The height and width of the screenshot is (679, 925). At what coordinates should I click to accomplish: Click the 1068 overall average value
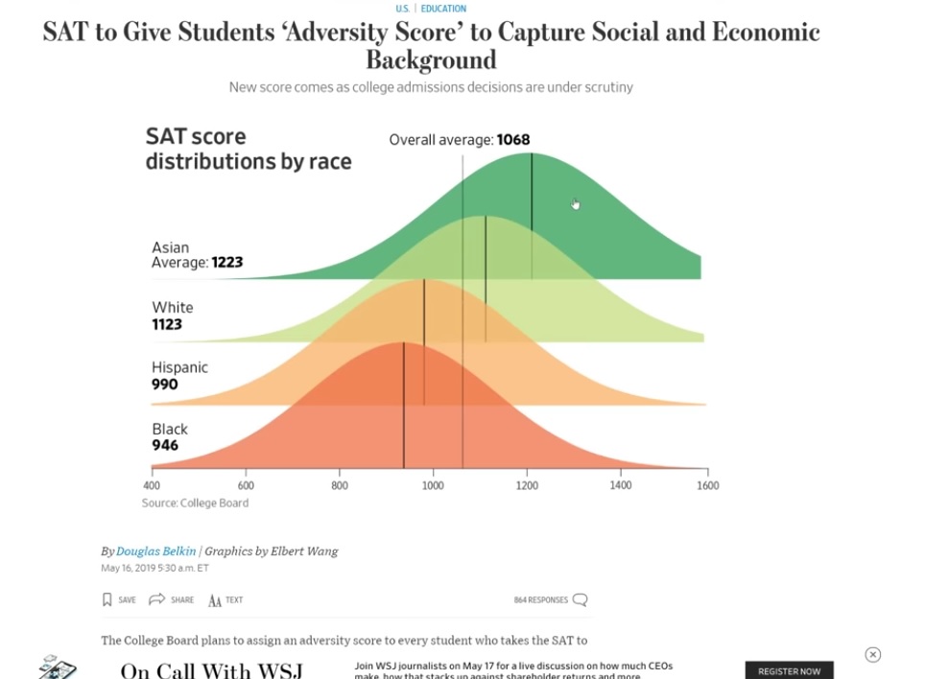(513, 140)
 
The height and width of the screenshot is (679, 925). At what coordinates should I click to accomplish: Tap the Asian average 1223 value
(227, 262)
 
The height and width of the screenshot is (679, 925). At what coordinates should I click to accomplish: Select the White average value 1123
(167, 324)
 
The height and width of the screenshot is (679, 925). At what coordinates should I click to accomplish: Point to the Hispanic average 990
(165, 385)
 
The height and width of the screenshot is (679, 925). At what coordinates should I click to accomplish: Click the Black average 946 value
(165, 445)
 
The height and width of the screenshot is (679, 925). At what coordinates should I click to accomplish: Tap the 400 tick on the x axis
(152, 485)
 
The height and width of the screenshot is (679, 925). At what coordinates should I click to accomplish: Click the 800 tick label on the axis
(340, 485)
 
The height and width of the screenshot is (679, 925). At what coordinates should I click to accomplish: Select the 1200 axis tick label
(527, 485)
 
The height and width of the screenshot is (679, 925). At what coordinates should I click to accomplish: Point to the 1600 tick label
(707, 485)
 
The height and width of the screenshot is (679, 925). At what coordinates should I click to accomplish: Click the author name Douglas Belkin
(155, 551)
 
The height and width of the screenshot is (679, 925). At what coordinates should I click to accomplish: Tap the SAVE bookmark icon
(107, 599)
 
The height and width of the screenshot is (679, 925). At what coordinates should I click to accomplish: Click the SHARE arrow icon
(157, 599)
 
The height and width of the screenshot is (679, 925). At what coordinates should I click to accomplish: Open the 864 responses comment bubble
(580, 600)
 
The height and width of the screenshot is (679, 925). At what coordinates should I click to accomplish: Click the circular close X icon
(872, 655)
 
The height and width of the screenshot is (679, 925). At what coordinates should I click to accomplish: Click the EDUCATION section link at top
(443, 9)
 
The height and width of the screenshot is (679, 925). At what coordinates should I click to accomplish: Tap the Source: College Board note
(195, 503)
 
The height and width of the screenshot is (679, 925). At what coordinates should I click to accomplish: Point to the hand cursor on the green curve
(575, 203)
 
